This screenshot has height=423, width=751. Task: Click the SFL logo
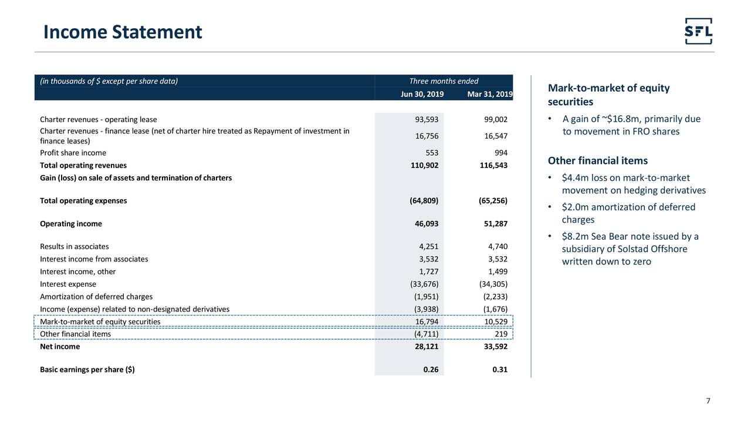click(698, 31)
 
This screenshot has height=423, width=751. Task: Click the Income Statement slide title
click(123, 32)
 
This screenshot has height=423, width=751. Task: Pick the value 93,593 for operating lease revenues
click(426, 120)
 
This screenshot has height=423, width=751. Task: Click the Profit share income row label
click(73, 153)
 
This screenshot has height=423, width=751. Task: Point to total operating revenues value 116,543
click(493, 166)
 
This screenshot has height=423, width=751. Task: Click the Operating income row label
click(70, 224)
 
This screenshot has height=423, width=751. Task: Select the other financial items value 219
click(500, 334)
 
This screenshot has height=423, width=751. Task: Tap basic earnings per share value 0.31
click(499, 370)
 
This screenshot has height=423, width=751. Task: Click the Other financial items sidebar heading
click(597, 161)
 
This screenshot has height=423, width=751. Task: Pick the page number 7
click(708, 401)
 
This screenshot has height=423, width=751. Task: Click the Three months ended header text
click(444, 82)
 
